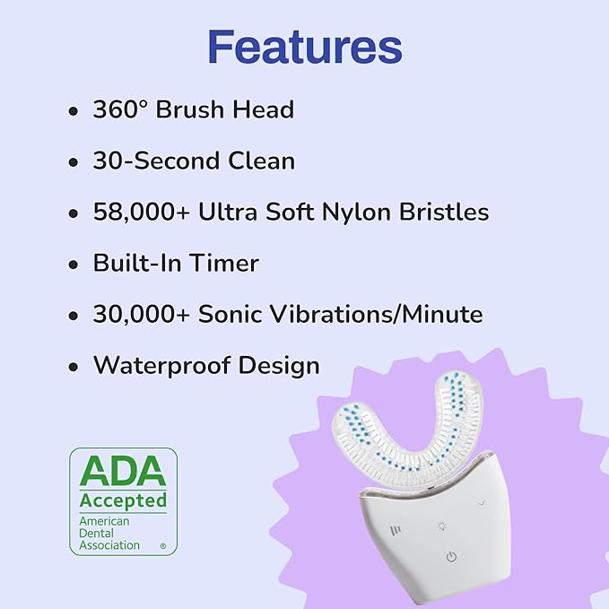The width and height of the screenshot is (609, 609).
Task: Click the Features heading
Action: pyautogui.click(x=304, y=47)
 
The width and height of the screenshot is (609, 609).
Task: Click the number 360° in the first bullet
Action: pyautogui.click(x=121, y=110)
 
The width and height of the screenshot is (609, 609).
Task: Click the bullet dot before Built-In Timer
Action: pyautogui.click(x=74, y=265)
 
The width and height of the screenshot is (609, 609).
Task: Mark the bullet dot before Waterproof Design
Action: pyautogui.click(x=74, y=368)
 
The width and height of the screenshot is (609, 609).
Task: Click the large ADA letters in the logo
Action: pyautogui.click(x=123, y=472)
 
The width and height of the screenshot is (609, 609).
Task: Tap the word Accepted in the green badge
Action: pyautogui.click(x=123, y=500)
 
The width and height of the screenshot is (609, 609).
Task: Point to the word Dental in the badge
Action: pyautogui.click(x=98, y=533)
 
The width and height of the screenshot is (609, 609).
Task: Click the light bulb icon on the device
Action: pyautogui.click(x=442, y=527)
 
